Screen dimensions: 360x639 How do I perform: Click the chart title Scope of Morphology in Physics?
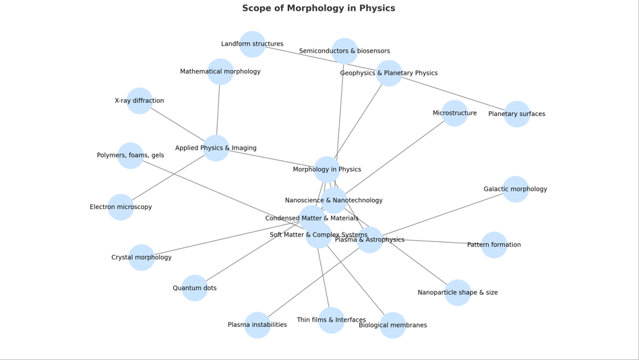319,8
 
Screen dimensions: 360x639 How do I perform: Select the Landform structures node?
252,44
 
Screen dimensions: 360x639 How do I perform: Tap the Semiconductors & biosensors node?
344,51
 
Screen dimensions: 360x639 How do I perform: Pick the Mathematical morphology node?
220,71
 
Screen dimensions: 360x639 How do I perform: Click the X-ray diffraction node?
140,101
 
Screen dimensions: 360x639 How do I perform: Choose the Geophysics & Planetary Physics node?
389,73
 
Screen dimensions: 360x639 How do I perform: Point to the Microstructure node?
455,113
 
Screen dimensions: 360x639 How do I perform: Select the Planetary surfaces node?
517,114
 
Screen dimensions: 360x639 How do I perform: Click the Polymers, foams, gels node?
130,156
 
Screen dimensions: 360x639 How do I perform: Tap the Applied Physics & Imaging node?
216,148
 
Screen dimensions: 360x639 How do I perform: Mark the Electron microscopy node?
121,207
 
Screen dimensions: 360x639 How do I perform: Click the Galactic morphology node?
516,189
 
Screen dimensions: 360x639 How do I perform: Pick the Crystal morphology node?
142,258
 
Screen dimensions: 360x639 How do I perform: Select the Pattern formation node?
494,245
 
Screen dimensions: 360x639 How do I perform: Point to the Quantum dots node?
195,288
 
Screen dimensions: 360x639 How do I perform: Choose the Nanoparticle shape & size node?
458,293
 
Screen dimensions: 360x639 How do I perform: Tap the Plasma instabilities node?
257,325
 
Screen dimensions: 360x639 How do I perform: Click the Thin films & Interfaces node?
332,320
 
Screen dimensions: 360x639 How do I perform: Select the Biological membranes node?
393,326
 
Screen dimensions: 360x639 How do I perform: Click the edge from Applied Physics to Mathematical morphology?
218,109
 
